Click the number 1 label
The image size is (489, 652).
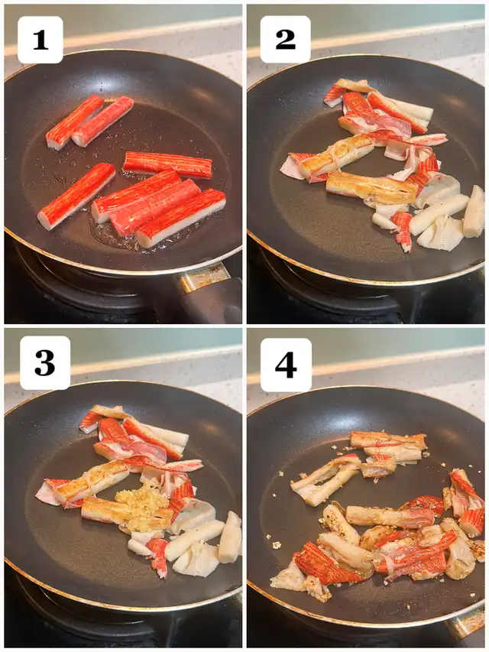click(40, 40)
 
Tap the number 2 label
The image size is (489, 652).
click(285, 40)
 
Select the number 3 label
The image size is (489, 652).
click(45, 362)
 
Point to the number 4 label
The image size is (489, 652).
click(286, 365)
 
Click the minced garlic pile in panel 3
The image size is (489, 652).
click(140, 508)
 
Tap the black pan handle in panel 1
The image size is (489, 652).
click(212, 302)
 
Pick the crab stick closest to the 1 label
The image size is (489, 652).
click(74, 122)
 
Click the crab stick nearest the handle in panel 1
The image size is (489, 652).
click(180, 218)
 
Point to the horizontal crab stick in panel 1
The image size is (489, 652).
click(167, 164)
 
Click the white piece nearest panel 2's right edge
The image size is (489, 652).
click(474, 212)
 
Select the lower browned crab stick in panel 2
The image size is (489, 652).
click(372, 187)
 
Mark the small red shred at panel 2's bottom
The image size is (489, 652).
click(402, 231)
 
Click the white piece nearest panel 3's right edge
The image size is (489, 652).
click(229, 537)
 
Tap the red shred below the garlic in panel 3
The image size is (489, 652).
click(158, 556)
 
